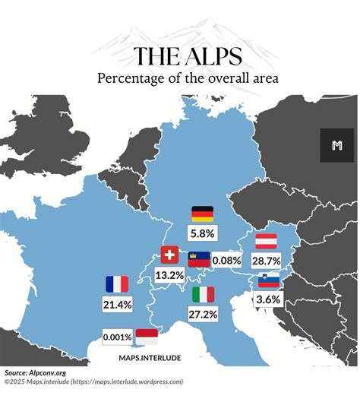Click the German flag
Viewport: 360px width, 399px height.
[202, 214]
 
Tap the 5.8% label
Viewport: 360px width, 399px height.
[203, 233]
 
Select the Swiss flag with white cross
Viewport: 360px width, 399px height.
[170, 255]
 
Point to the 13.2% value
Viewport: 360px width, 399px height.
[169, 274]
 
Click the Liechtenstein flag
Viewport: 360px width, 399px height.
[199, 260]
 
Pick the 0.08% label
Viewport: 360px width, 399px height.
[227, 260]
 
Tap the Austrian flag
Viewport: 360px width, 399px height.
[265, 241]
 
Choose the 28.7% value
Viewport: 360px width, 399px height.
[266, 261]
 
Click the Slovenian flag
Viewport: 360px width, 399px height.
[269, 280]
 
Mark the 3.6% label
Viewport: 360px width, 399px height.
[269, 299]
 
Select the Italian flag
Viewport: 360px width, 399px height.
[203, 294]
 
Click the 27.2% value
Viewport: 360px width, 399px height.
[203, 314]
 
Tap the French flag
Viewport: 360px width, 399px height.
[117, 284]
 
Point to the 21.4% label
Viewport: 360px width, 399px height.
[117, 304]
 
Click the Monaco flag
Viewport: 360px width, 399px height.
[146, 337]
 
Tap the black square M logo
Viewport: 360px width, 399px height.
[337, 145]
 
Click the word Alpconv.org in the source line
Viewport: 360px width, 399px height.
[49, 373]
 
